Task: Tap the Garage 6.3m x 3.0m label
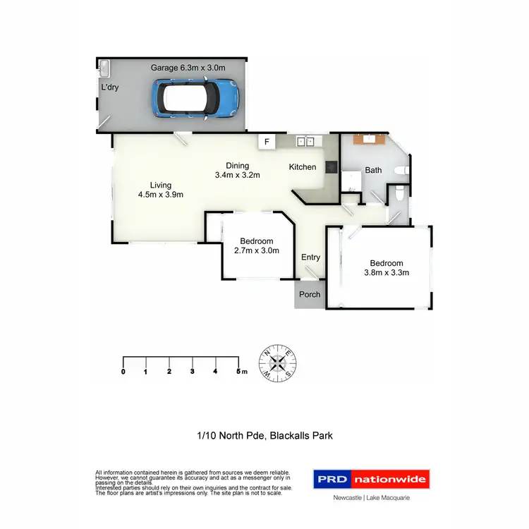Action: [x=188, y=68]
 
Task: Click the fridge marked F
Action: [x=267, y=142]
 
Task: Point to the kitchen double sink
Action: [x=305, y=142]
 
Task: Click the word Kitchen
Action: [x=303, y=167]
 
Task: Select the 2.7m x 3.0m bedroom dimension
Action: [x=257, y=250]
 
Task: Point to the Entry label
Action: [x=310, y=257]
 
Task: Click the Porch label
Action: [x=310, y=295]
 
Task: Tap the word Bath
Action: [x=373, y=170]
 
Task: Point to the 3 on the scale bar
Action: [x=193, y=371]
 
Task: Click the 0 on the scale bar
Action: [x=123, y=371]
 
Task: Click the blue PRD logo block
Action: [x=332, y=480]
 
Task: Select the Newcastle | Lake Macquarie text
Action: [x=372, y=497]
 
